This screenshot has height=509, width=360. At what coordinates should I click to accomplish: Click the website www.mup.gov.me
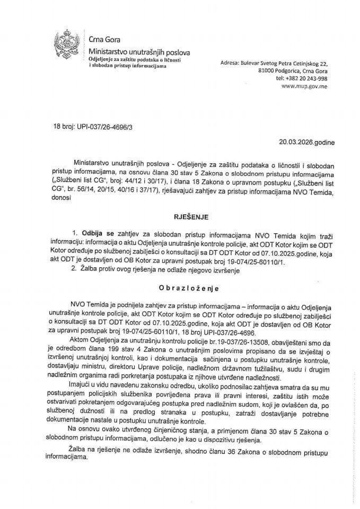coord(307,85)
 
